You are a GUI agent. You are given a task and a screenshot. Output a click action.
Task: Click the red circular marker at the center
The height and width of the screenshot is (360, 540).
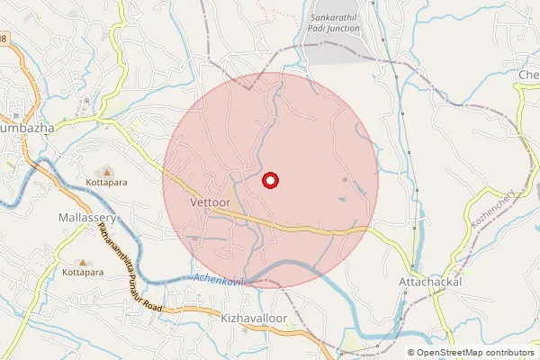(x=270, y=181)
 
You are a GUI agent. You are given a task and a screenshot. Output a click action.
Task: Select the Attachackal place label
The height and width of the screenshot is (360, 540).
(x=429, y=282)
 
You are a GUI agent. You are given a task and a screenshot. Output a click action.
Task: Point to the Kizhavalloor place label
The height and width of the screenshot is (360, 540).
(x=246, y=319)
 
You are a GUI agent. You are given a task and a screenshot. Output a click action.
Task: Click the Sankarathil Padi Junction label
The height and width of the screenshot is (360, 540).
(x=334, y=22)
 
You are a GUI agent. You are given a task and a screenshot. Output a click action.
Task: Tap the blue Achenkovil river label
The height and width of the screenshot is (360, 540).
(x=218, y=280)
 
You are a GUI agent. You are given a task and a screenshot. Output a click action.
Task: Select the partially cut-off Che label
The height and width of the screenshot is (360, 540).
(x=527, y=75)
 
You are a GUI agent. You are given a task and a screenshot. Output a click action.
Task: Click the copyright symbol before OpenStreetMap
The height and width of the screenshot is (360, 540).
(x=411, y=353)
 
